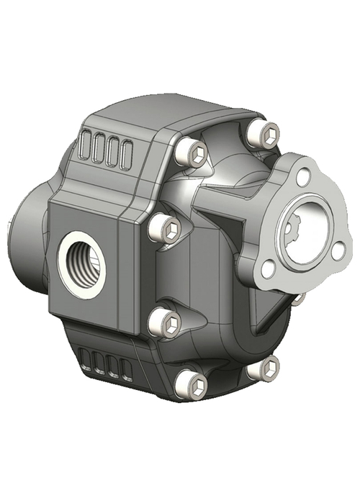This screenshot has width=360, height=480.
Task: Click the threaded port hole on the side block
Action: (x=81, y=264)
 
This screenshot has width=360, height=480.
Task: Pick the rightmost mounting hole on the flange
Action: (x=338, y=249)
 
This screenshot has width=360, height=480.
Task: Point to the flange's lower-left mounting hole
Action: (x=268, y=270)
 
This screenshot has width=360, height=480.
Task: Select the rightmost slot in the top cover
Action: (x=127, y=153)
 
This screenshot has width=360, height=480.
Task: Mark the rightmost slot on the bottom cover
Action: (x=127, y=370)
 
